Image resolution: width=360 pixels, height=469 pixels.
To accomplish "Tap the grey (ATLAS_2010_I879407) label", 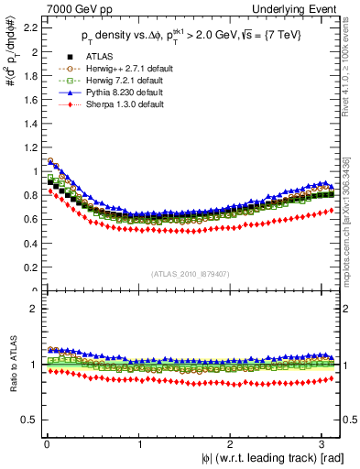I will (x=191, y=272).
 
